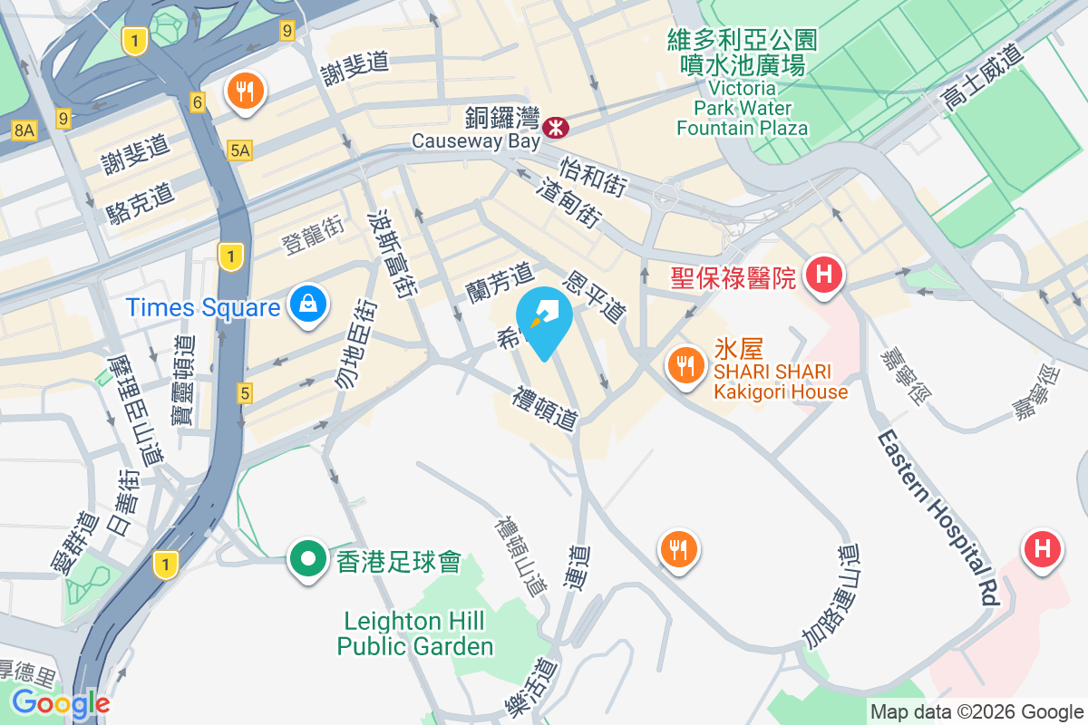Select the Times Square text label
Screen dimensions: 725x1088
point(203,307)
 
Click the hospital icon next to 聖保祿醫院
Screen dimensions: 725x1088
point(824,274)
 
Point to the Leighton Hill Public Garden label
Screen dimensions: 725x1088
point(415,633)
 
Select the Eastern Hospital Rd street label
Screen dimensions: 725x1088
point(937,517)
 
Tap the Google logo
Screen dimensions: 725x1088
point(61,703)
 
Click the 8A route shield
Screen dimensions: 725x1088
point(24,130)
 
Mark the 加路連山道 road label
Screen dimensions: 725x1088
point(830,595)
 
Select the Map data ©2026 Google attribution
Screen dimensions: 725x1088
point(976,711)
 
